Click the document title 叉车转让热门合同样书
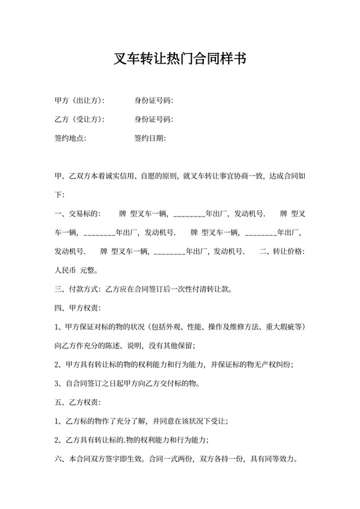[x=179, y=60]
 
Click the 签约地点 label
[x=70, y=138]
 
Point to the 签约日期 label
[x=150, y=138]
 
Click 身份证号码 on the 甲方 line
[x=154, y=101]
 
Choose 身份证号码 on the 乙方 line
[x=154, y=120]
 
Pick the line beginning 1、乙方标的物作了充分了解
[x=141, y=421]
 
